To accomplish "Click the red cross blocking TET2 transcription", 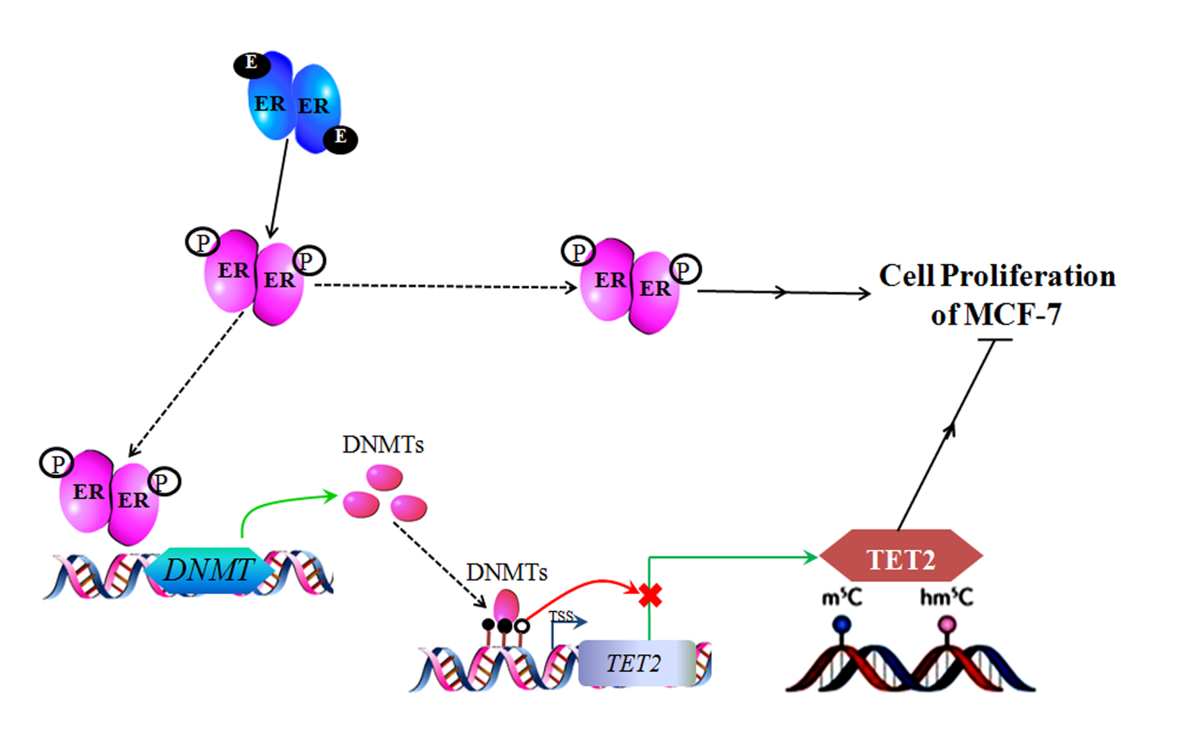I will (650, 594).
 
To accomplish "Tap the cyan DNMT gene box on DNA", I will (209, 570).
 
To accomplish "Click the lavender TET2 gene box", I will (636, 663).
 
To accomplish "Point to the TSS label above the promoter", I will (561, 616).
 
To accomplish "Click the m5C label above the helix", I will (841, 597).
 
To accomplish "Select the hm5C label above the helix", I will (946, 597).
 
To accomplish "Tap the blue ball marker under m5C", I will (841, 625).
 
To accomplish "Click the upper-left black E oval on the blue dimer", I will (252, 65).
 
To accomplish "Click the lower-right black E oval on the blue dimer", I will (341, 139).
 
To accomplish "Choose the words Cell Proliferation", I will (997, 276).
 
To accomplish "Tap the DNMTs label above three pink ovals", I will (382, 445).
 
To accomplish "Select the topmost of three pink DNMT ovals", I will (384, 478).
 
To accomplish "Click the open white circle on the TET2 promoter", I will (522, 627).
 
